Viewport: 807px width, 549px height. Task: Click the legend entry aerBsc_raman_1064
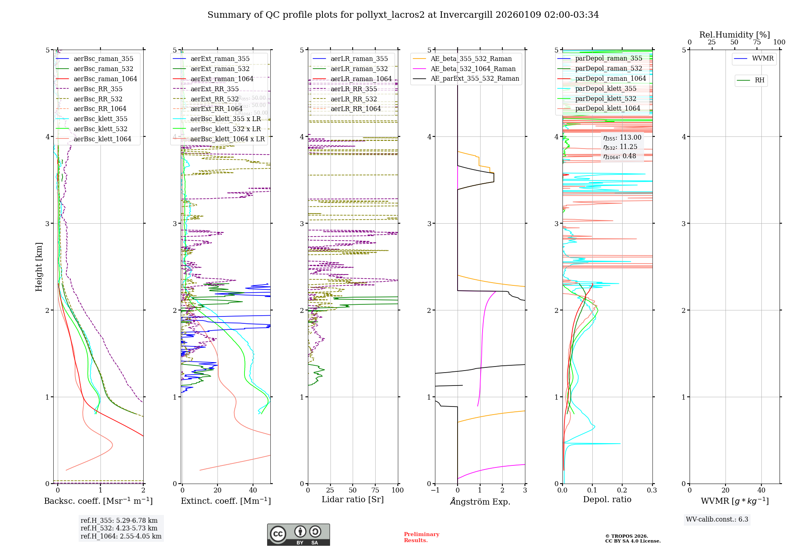tap(105, 79)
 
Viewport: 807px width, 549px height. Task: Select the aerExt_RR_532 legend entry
tap(214, 99)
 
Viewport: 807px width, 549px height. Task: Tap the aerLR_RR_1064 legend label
tap(355, 109)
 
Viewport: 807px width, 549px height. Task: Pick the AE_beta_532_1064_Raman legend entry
tap(473, 69)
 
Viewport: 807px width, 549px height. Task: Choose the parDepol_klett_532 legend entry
tap(605, 99)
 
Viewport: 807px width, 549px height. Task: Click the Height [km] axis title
tap(39, 267)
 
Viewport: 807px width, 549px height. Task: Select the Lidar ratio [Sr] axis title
tap(352, 500)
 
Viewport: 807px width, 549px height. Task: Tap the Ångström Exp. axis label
tap(480, 502)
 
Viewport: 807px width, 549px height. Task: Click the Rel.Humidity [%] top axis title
tap(734, 35)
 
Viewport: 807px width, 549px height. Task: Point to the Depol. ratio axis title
tap(607, 500)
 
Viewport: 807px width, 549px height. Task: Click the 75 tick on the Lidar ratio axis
tap(375, 490)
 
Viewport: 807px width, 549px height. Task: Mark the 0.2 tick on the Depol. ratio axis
tap(622, 490)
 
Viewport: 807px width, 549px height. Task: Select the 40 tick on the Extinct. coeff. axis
tap(253, 490)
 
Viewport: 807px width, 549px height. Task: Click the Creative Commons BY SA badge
tap(298, 534)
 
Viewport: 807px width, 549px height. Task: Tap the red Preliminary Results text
tap(421, 537)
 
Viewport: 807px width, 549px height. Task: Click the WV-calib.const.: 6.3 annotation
tap(717, 520)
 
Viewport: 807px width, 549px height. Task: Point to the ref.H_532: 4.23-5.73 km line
tap(119, 528)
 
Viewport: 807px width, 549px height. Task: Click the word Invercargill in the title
tap(466, 15)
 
